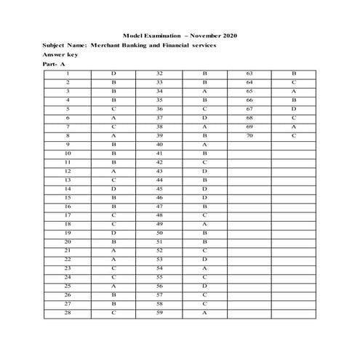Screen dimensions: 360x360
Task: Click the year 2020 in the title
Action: [x=227, y=35]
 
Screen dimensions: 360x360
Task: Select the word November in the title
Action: [x=199, y=35]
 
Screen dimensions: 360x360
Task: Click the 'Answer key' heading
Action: [x=61, y=55]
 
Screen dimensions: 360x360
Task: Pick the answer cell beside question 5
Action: [x=113, y=109]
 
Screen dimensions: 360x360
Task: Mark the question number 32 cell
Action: [x=159, y=74]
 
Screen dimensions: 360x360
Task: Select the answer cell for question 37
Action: [x=205, y=118]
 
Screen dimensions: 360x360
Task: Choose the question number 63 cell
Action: [x=249, y=74]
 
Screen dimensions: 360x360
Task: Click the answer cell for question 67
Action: [x=294, y=109]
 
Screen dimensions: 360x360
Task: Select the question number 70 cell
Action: [x=249, y=135]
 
